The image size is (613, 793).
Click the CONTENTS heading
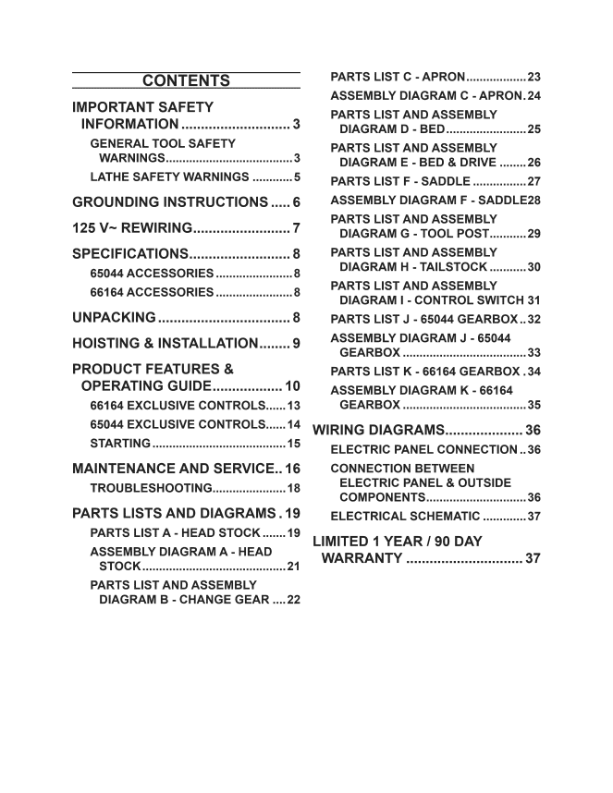tap(186, 80)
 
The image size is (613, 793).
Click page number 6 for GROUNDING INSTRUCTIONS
tap(296, 202)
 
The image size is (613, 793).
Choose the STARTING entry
tap(120, 444)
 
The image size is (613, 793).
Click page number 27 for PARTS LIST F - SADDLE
tap(533, 181)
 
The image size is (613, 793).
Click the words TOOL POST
tap(455, 234)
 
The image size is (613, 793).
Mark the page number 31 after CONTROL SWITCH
tap(533, 300)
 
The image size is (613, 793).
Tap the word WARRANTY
tap(362, 558)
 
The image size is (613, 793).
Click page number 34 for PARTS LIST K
tap(533, 372)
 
